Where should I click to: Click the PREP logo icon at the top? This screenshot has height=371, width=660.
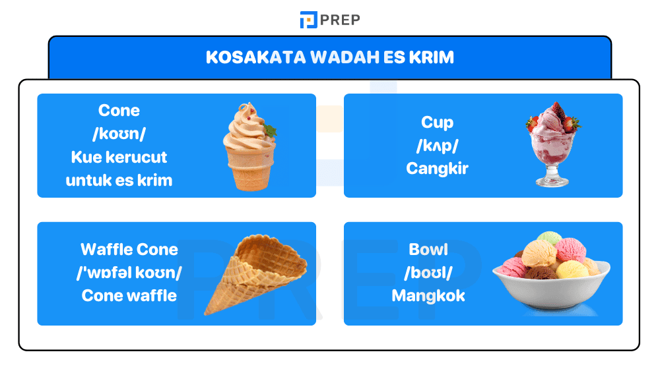(308, 20)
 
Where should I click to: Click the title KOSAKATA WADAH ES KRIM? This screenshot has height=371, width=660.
(329, 57)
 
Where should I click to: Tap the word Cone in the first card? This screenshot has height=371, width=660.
(119, 111)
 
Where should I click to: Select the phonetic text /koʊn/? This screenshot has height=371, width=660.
(119, 134)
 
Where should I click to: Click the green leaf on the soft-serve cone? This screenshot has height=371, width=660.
(270, 130)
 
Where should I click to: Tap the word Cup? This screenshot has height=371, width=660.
(437, 122)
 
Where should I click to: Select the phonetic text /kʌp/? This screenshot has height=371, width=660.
(437, 145)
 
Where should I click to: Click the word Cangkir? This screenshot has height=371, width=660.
(437, 168)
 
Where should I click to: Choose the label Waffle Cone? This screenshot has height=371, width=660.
(129, 250)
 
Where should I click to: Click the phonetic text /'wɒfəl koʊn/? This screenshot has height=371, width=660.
(129, 273)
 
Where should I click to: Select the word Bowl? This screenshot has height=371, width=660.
(428, 250)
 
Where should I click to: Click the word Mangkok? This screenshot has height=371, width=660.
(428, 296)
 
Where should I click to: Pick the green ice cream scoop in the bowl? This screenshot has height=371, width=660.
(549, 239)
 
